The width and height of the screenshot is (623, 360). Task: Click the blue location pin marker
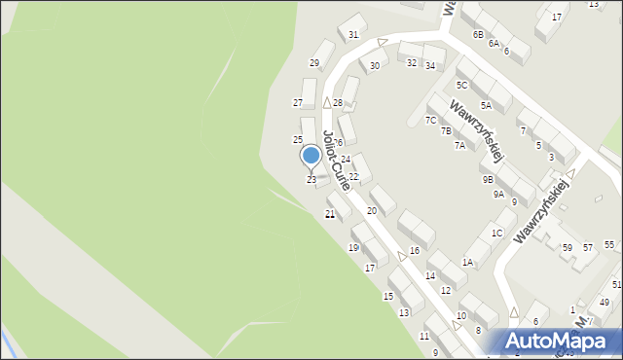[311, 156]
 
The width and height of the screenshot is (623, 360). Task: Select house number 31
[353, 35]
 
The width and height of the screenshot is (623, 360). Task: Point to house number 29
[314, 63]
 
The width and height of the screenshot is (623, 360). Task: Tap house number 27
[298, 102]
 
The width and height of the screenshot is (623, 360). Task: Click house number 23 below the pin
[311, 180]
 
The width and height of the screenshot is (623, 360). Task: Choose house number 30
[374, 66]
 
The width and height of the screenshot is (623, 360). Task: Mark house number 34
[429, 65]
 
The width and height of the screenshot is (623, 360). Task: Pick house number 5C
[461, 86]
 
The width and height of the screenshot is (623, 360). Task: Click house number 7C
[430, 121]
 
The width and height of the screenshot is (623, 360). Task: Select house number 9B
[487, 179]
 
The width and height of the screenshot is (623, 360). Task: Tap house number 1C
[496, 233]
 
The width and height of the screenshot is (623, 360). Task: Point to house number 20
[372, 210]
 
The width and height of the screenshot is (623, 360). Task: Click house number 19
[353, 248]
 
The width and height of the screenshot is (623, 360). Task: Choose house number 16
[415, 251]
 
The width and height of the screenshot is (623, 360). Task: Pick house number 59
[568, 248]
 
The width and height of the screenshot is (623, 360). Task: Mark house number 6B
[478, 35]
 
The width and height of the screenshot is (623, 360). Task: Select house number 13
[404, 312]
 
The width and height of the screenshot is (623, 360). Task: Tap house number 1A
[467, 263]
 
